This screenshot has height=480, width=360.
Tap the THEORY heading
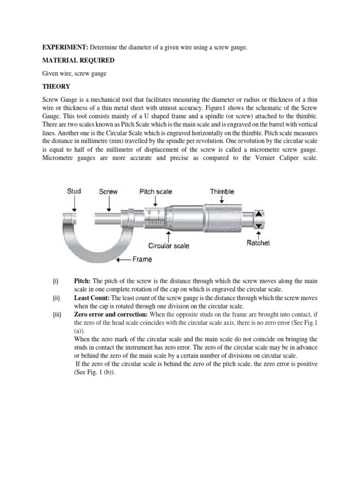click(56, 86)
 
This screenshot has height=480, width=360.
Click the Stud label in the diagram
click(74, 191)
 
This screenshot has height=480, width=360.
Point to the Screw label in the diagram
click(108, 191)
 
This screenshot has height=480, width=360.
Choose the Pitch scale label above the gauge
click(156, 191)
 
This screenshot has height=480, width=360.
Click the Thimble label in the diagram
click(222, 191)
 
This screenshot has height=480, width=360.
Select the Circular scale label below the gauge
click(169, 246)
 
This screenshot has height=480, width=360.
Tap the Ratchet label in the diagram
click(258, 243)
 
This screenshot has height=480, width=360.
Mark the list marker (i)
click(55, 281)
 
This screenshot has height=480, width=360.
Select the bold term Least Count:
click(92, 298)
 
